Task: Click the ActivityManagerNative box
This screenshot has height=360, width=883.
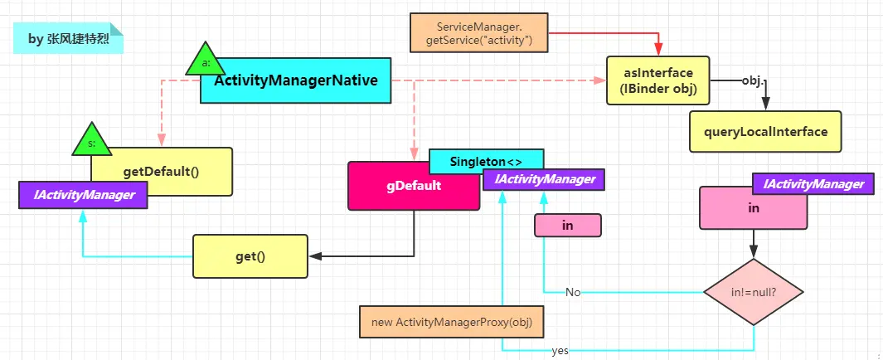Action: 295,81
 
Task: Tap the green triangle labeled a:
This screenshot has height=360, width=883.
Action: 206,61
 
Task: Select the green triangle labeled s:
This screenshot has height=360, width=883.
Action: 91,142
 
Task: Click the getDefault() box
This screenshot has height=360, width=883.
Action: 163,172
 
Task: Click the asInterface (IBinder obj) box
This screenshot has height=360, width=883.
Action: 658,80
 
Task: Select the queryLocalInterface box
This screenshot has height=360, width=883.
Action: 765,132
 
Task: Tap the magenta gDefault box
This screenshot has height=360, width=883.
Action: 413,186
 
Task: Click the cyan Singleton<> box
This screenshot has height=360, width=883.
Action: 485,160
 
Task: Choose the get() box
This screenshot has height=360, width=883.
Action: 250,256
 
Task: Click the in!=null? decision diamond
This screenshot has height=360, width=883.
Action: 754,292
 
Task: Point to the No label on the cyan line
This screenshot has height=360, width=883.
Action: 573,292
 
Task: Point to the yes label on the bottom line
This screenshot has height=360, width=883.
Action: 560,351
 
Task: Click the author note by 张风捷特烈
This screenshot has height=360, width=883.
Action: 68,38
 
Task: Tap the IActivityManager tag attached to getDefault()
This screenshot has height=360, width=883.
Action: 83,195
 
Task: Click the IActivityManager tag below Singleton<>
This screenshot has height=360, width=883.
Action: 544,179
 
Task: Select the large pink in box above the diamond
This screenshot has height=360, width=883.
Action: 753,208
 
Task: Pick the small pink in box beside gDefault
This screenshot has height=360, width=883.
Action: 567,225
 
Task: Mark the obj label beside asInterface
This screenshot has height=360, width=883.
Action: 752,81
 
